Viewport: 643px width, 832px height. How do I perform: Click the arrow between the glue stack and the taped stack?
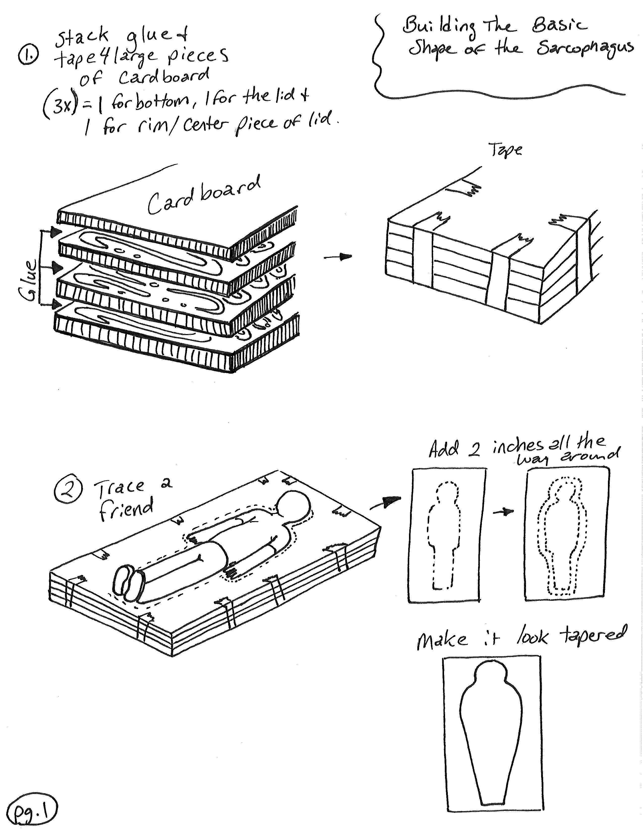click(x=338, y=257)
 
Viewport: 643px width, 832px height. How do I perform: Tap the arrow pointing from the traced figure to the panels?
click(x=386, y=503)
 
